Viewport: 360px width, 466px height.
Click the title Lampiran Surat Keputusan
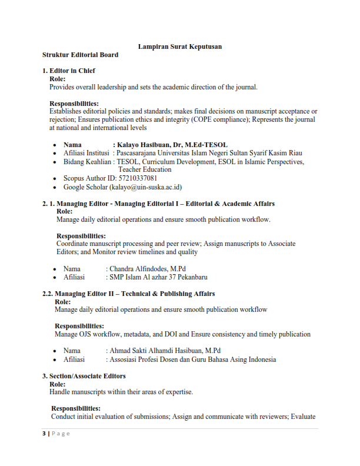tap(179, 46)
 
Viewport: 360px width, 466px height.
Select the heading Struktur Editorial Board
tap(80, 55)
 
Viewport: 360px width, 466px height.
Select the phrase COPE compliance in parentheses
tap(221, 119)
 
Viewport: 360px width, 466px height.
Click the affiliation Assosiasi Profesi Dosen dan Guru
tap(171, 360)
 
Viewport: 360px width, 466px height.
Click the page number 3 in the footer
tap(43, 434)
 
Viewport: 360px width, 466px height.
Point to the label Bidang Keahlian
tap(87, 162)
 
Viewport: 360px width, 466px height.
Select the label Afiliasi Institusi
tap(87, 153)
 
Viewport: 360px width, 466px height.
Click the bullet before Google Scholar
tap(55, 187)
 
